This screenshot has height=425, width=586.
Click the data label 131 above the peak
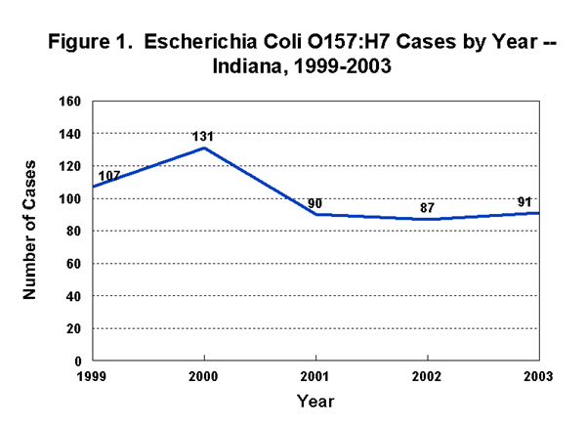click(x=203, y=137)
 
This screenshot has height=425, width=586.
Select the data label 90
click(x=315, y=203)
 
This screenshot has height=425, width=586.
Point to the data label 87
click(x=427, y=208)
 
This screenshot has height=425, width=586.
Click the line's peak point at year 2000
click(x=203, y=148)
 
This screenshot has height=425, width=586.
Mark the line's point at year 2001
click(x=315, y=214)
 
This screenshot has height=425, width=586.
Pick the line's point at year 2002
click(x=427, y=219)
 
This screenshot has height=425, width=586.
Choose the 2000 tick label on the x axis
click(x=203, y=376)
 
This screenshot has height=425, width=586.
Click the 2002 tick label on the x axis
click(x=427, y=376)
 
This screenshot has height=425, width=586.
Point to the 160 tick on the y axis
click(x=70, y=101)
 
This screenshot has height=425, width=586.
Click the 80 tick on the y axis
click(x=74, y=231)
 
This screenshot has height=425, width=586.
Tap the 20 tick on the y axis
click(x=74, y=328)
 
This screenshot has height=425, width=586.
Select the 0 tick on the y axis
click(x=78, y=361)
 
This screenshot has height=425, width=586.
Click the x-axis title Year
click(x=315, y=401)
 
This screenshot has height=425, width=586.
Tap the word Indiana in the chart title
click(x=246, y=68)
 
